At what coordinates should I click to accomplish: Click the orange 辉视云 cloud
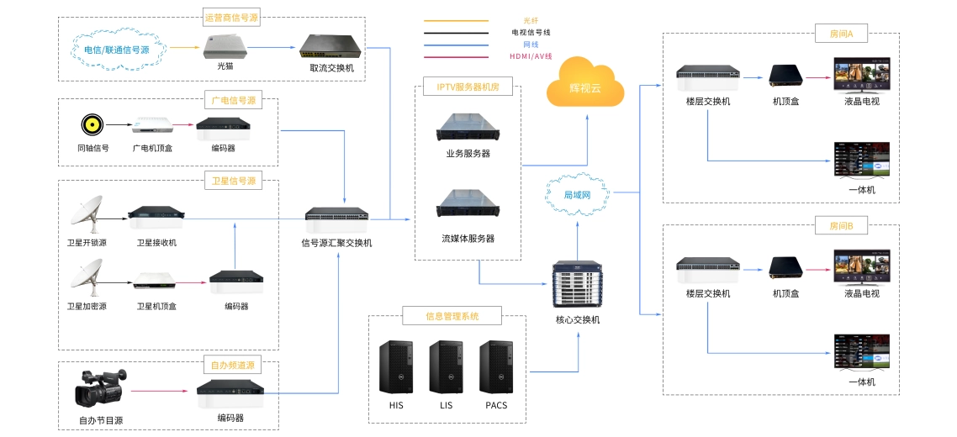click(585, 84)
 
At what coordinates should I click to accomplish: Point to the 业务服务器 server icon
click(468, 128)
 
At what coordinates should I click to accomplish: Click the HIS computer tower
click(396, 367)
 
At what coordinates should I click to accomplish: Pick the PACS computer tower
click(496, 367)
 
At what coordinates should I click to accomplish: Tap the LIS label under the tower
click(446, 405)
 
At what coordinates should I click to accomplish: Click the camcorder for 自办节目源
click(100, 387)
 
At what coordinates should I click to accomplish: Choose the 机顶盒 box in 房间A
click(785, 76)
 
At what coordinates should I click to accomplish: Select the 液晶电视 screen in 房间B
click(862, 267)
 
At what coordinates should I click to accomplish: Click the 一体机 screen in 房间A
click(862, 161)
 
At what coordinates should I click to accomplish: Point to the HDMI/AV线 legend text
click(531, 56)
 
